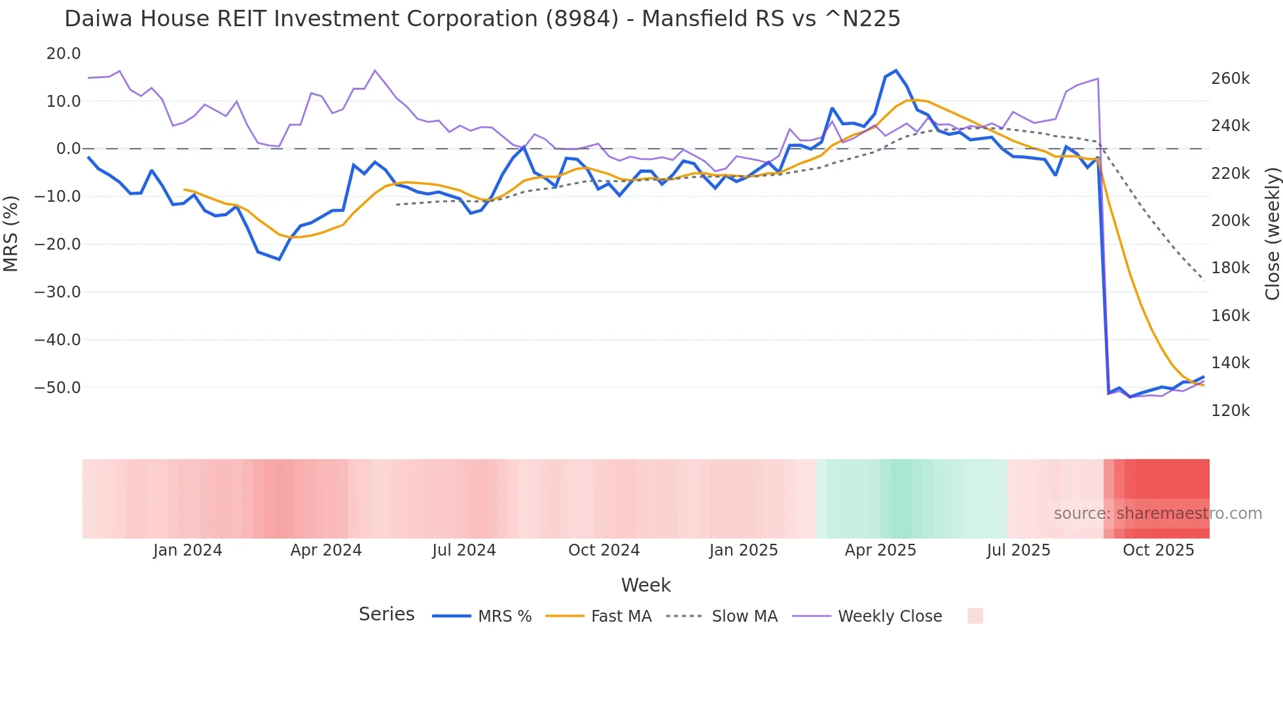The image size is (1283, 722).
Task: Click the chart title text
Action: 482,19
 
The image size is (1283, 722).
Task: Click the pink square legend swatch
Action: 975,616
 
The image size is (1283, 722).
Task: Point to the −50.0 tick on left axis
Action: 58,387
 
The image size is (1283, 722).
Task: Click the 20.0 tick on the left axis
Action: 63,54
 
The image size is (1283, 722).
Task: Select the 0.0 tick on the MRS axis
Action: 68,149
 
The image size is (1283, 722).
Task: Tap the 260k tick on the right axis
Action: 1230,79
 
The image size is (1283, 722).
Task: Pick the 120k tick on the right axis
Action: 1230,411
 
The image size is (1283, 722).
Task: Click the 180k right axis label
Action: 1230,268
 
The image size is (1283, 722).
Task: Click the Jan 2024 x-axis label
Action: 188,550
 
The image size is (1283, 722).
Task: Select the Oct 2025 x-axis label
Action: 1158,550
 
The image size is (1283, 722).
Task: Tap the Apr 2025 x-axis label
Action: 880,550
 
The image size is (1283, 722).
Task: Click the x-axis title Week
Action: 645,585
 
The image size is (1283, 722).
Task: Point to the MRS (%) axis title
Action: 11,233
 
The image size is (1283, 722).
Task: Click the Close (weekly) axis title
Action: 1272,233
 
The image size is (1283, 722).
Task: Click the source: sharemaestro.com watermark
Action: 1157,514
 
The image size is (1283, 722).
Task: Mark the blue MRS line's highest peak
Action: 895,71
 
